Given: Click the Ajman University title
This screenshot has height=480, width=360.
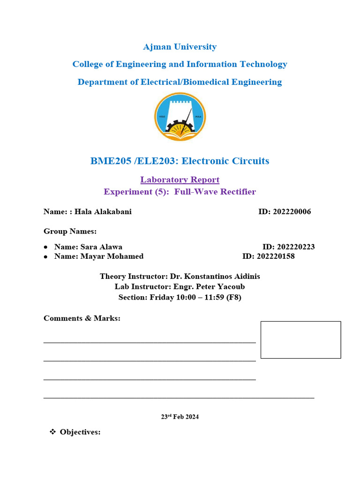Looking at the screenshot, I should click(180, 47).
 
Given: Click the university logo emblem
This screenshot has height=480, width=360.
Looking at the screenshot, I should click(180, 117).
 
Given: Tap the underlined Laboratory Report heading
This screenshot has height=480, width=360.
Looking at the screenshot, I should click(180, 180).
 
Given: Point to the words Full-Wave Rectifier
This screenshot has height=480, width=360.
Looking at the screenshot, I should click(215, 192).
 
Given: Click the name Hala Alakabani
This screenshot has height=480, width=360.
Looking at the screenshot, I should click(103, 212).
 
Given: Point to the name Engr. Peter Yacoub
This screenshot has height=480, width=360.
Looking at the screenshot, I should click(209, 286).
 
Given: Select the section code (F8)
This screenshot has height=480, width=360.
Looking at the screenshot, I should click(233, 297).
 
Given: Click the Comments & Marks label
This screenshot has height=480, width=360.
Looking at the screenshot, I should click(82, 318).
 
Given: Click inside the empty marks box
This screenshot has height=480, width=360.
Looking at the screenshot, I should click(300, 340).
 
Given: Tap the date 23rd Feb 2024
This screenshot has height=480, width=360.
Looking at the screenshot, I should click(180, 417).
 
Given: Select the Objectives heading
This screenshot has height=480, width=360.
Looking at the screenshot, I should click(80, 432).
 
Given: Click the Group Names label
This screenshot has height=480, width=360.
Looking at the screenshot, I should click(70, 231).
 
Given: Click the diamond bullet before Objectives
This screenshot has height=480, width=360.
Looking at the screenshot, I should click(52, 432).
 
